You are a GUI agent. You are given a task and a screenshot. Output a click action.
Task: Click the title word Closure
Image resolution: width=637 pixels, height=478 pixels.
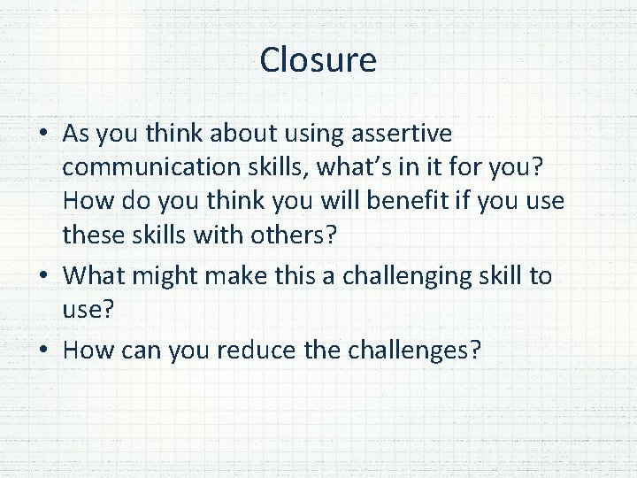tap(318, 60)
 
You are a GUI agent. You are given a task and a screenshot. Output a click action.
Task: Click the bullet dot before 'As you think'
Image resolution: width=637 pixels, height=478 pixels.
tap(43, 135)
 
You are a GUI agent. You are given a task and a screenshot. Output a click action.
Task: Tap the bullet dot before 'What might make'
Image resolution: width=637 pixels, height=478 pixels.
tap(43, 277)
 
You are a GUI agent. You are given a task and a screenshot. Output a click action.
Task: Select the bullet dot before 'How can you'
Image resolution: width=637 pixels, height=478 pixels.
tap(43, 351)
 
